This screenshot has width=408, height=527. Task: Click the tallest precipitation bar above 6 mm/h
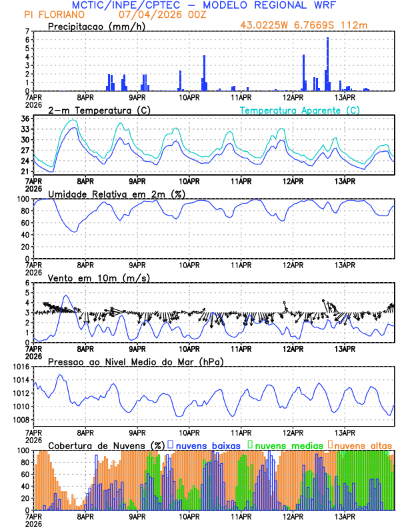coord(328,64)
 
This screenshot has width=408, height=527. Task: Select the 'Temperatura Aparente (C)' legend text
coord(299,110)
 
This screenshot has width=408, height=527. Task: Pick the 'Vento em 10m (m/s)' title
coord(90,277)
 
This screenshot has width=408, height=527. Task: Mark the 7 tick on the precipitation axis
coord(27,31)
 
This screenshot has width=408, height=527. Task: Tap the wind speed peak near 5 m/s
coord(65,296)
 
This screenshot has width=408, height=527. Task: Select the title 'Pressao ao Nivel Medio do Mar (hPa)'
coord(135,361)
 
